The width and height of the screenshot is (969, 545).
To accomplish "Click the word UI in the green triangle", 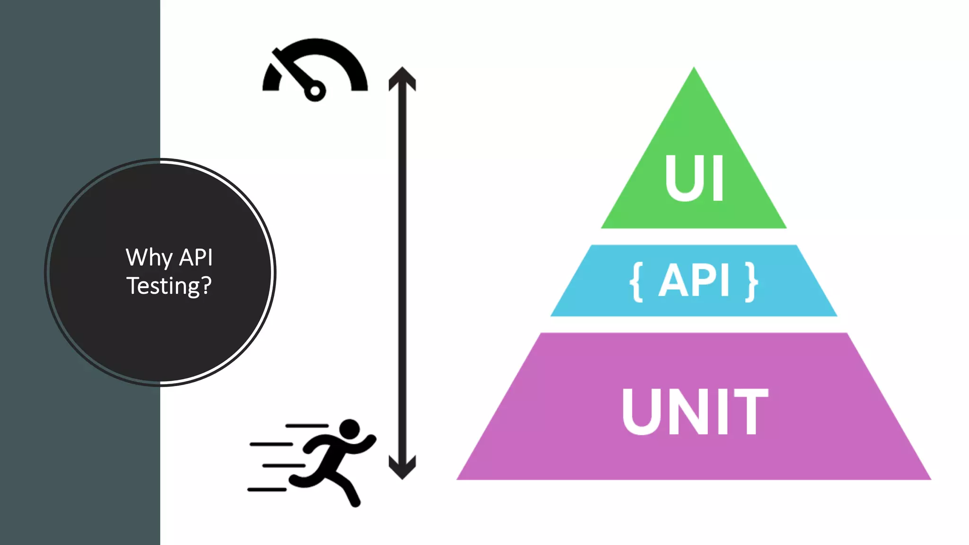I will coord(694,178).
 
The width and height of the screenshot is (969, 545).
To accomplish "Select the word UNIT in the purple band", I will coord(694,411).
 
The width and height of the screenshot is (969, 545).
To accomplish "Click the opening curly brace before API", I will coord(637,282).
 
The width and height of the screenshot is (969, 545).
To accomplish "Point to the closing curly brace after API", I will coord(751,282).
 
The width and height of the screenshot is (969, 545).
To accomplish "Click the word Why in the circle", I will coord(149,258).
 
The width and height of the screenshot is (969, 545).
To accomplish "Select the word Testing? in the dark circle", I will coord(168,286).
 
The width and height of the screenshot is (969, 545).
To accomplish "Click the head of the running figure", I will coord(350,429).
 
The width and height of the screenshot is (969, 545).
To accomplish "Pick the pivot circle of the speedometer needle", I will coord(315,91).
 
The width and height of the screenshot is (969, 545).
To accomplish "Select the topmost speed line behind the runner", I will coord(307,426).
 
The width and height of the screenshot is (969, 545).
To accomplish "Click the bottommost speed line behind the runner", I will coord(267,489).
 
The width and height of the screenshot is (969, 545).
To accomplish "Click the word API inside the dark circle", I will coord(196,258).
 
